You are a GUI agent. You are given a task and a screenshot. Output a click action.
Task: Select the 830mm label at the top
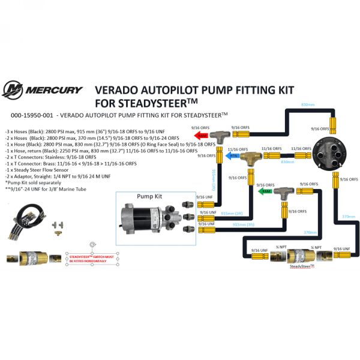click(x=307, y=105)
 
